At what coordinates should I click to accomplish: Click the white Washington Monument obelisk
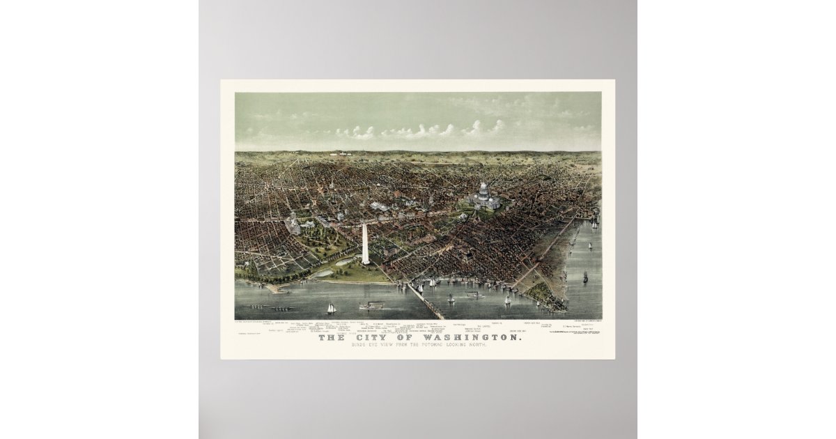(x=364, y=243)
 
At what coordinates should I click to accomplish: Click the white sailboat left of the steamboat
(x=332, y=307)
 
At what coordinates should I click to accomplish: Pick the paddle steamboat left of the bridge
(x=371, y=305)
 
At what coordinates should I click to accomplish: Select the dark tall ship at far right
(x=585, y=277)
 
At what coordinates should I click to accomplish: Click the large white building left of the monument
(x=293, y=225)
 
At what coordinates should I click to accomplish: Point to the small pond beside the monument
(x=344, y=263)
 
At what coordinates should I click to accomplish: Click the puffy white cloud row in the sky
(x=418, y=130)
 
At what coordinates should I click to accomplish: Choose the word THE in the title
(x=331, y=339)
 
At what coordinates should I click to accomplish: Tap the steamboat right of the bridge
(x=476, y=295)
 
